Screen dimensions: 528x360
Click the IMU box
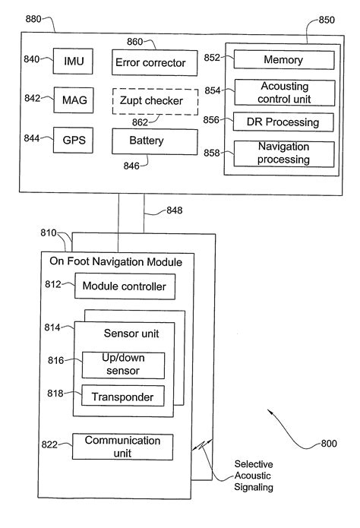pos(73,60)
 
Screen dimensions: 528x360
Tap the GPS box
pos(73,141)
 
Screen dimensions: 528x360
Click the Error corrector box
pos(149,62)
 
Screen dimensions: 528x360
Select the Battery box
pos(149,141)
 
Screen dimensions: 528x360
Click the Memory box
pos(283,60)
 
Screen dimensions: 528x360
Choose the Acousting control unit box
pos(283,93)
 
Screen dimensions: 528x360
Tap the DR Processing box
pos(283,122)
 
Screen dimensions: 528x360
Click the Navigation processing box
pos(283,154)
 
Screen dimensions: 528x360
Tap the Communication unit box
pos(122,446)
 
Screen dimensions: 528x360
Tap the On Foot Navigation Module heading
pos(115,262)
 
